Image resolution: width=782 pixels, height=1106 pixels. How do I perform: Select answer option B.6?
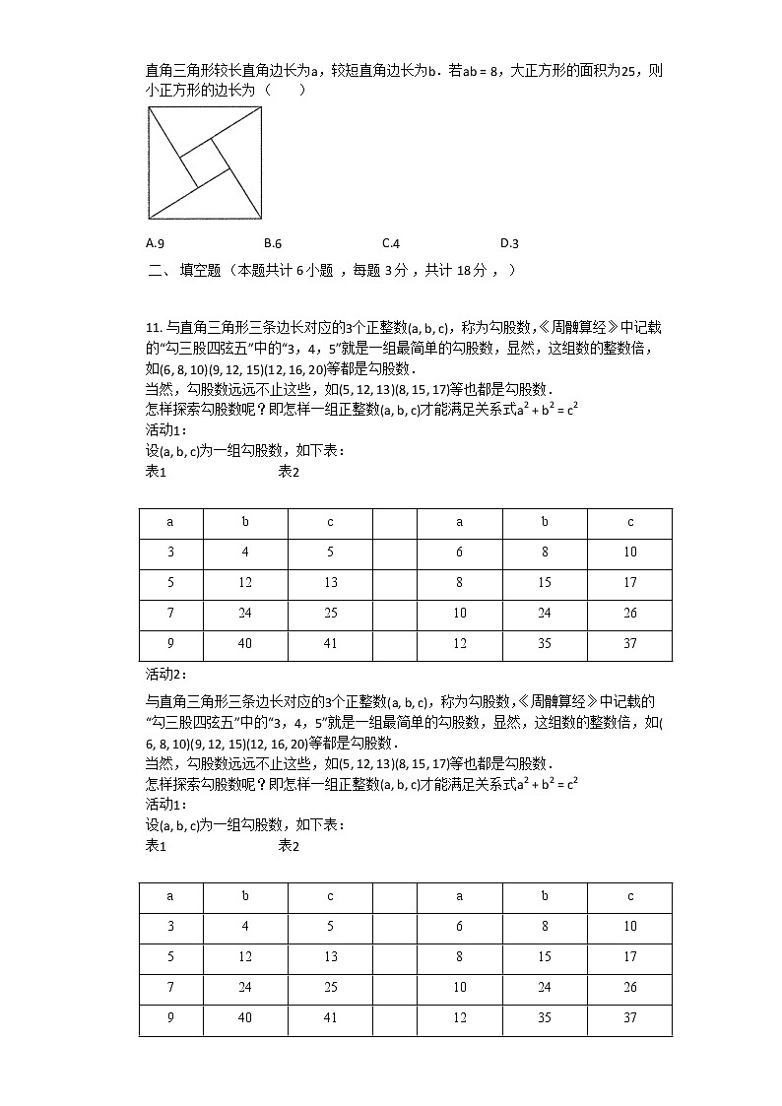(273, 243)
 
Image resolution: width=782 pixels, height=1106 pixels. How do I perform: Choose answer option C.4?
(390, 243)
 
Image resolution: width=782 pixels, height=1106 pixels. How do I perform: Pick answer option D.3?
(509, 243)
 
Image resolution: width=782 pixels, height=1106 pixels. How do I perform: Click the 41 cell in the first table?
(330, 644)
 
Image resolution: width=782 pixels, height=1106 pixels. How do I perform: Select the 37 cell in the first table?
(629, 644)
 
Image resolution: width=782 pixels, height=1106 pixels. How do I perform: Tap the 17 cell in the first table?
(629, 583)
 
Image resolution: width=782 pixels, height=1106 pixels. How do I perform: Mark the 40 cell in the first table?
(245, 644)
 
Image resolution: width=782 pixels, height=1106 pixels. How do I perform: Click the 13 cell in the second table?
(330, 957)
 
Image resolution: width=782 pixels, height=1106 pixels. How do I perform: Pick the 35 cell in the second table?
(545, 1018)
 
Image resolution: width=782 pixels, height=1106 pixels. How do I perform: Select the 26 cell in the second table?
(629, 988)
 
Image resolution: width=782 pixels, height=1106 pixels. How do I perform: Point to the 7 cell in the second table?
(170, 988)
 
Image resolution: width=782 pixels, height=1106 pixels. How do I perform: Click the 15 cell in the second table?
(545, 957)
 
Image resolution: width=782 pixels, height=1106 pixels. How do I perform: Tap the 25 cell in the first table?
(330, 614)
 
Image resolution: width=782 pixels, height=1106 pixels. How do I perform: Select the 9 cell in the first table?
(170, 644)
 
